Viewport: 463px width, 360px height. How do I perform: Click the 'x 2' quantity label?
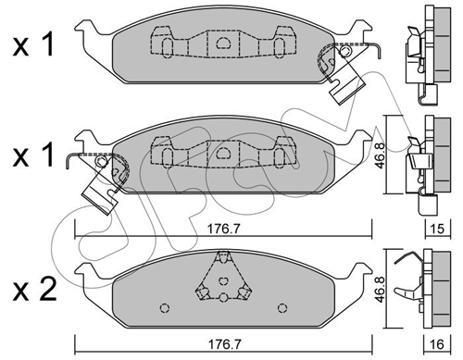34,289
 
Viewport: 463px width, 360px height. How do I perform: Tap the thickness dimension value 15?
438,229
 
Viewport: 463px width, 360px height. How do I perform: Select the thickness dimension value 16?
438,344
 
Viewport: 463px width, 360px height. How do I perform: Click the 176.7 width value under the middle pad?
223,229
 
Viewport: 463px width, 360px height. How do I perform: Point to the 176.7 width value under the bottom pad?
224,344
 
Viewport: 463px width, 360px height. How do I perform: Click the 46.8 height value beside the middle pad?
380,155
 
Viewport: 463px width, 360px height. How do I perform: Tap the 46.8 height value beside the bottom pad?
380,289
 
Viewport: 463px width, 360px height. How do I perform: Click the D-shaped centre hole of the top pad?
223,43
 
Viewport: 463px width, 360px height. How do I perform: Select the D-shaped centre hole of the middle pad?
223,153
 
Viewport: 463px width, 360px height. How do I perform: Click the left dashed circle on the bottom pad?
165,308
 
